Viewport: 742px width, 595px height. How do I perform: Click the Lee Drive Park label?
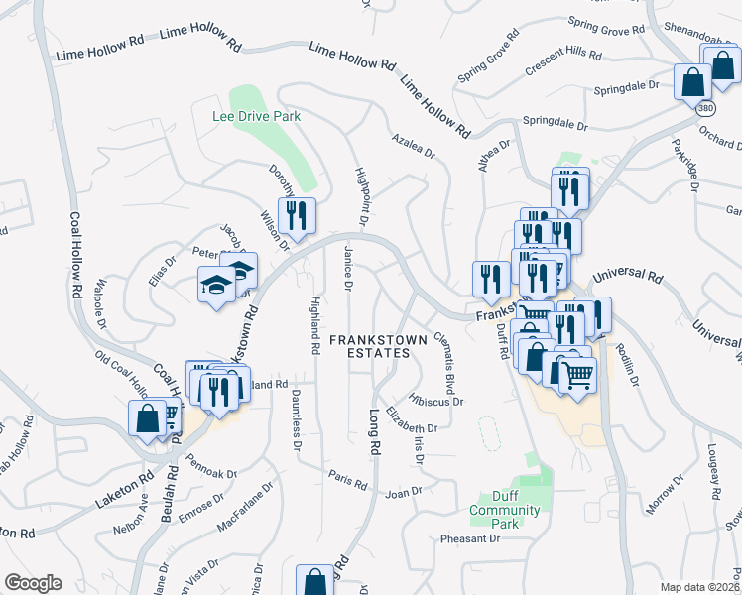(256, 116)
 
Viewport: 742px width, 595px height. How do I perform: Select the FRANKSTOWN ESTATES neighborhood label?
(379, 346)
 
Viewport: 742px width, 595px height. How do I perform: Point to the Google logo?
(33, 583)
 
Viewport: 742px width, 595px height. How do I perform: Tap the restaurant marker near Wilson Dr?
(297, 215)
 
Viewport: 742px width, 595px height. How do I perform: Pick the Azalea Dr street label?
(413, 146)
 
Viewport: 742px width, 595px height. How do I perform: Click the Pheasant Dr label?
(470, 538)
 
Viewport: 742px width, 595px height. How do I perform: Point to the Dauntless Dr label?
(296, 420)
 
